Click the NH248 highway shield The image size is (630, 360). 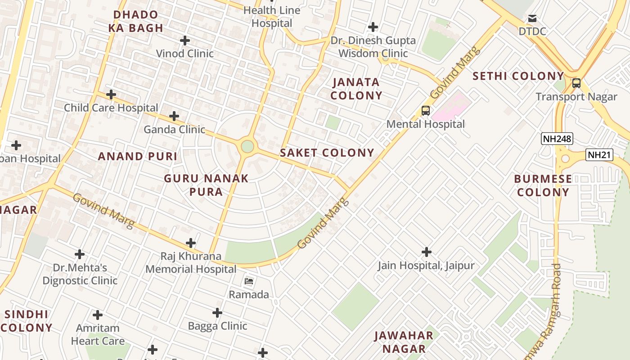tap(557, 139)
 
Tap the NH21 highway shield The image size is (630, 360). tap(600, 155)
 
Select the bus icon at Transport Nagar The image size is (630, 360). tap(576, 83)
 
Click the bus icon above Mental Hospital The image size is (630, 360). tap(425, 110)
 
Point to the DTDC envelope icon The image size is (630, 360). tap(532, 18)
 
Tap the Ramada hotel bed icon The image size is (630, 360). tap(249, 282)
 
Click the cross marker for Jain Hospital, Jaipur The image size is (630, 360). tap(426, 252)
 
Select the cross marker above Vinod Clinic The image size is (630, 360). tap(184, 40)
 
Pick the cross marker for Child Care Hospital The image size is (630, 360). tap(111, 95)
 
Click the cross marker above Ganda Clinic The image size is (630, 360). tap(174, 117)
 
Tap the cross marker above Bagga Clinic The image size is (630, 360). tap(217, 313)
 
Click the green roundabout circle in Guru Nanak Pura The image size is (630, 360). tap(247, 146)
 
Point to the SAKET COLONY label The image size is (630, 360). tap(327, 153)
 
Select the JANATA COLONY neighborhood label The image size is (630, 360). tap(356, 89)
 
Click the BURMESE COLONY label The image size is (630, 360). tap(543, 185)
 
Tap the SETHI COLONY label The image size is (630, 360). tap(518, 76)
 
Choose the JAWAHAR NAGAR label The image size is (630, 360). tap(404, 342)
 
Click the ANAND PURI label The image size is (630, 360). tap(138, 157)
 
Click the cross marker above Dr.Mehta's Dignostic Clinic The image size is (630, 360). tap(80, 255)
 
